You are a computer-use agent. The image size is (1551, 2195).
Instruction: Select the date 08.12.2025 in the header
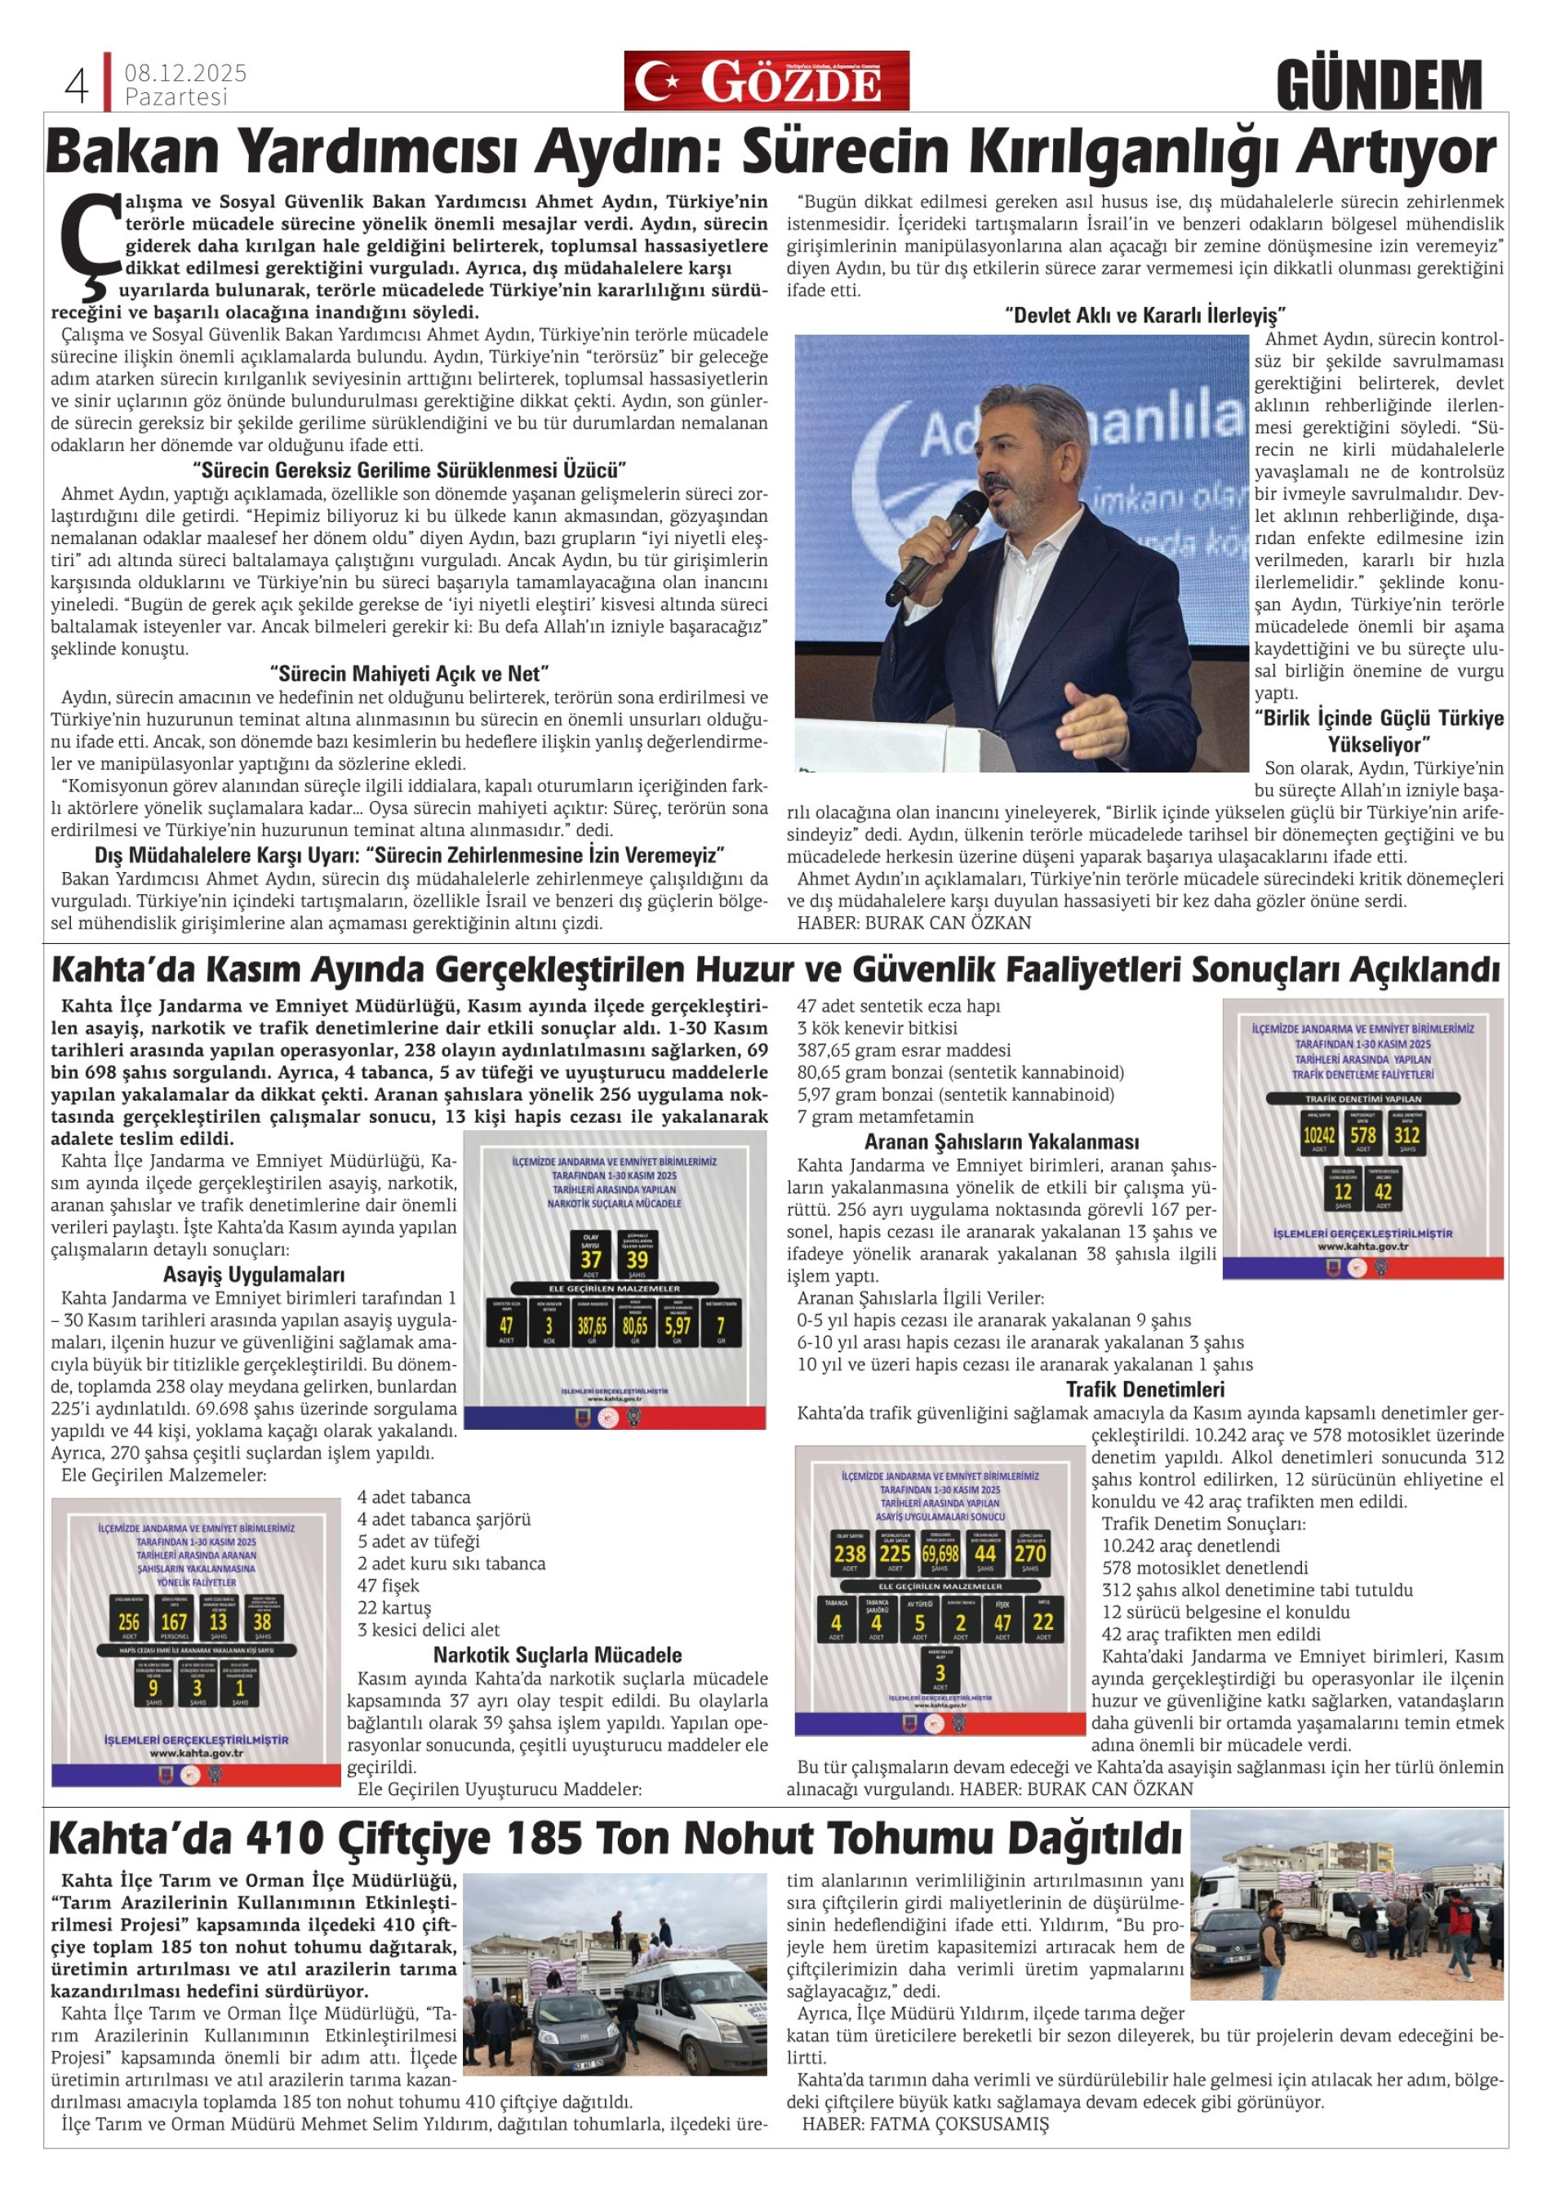click(x=185, y=73)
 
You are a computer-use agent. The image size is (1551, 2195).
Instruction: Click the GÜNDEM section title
click(x=1378, y=86)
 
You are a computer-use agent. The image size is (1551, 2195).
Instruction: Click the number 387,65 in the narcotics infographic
click(x=592, y=1326)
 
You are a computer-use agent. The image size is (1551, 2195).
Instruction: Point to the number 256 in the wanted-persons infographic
click(x=128, y=1619)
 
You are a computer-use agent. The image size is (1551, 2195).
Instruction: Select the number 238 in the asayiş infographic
click(x=850, y=1553)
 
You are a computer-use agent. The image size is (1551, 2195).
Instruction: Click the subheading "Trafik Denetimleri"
click(x=1144, y=1389)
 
